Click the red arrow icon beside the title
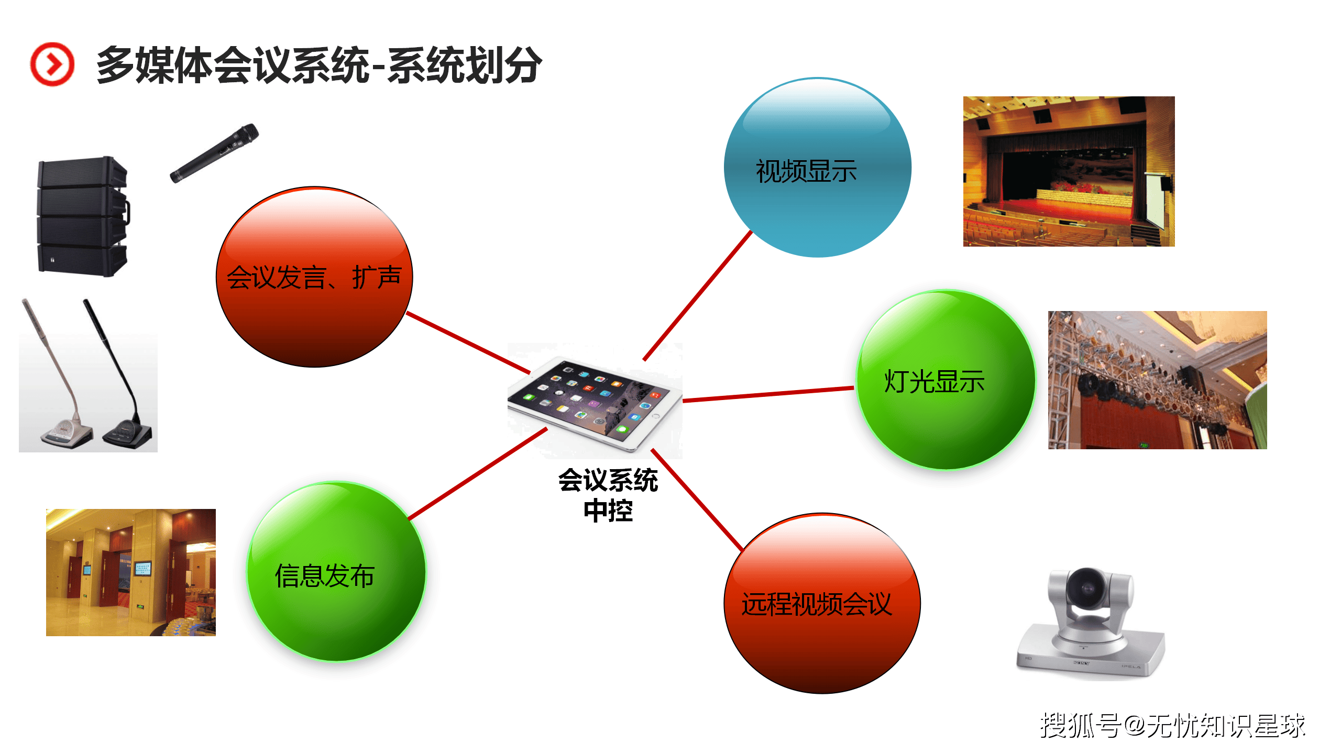click(x=52, y=64)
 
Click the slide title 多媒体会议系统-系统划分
click(x=319, y=65)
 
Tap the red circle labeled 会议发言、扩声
click(x=314, y=277)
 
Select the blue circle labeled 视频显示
click(x=818, y=168)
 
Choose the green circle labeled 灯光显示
click(x=946, y=380)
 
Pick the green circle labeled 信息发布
click(x=337, y=572)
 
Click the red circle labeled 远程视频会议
click(x=822, y=603)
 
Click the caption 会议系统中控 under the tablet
click(x=608, y=495)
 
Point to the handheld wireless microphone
click(x=214, y=153)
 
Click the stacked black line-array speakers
click(x=83, y=216)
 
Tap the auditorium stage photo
click(x=1069, y=171)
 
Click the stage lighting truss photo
click(x=1157, y=380)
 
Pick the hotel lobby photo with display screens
click(x=131, y=572)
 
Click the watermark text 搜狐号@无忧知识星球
click(x=1172, y=726)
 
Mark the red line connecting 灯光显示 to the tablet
click(x=768, y=394)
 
